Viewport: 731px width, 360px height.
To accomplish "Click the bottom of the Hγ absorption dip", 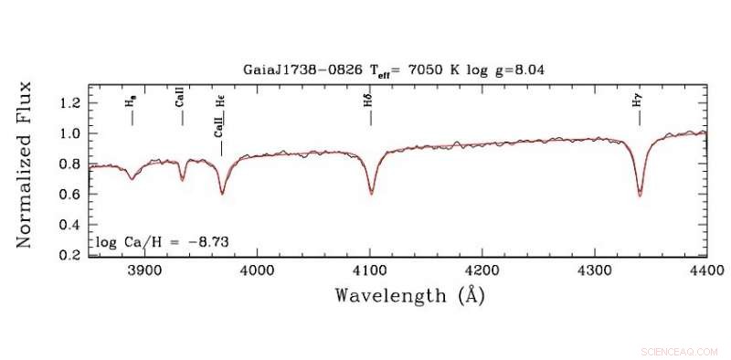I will [x=640, y=195].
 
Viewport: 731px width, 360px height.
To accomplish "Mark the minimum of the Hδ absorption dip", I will [x=371, y=193].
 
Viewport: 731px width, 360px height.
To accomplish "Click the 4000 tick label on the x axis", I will [x=257, y=271].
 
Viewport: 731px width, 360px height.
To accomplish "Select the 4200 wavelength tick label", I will [x=482, y=271].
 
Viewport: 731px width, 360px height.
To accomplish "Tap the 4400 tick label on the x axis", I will [x=705, y=271].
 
